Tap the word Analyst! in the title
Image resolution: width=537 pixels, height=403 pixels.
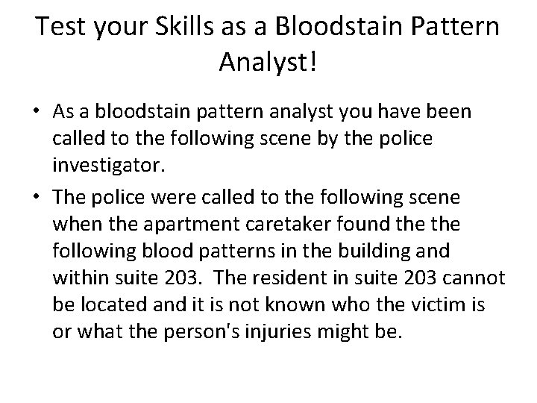pos(268,63)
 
